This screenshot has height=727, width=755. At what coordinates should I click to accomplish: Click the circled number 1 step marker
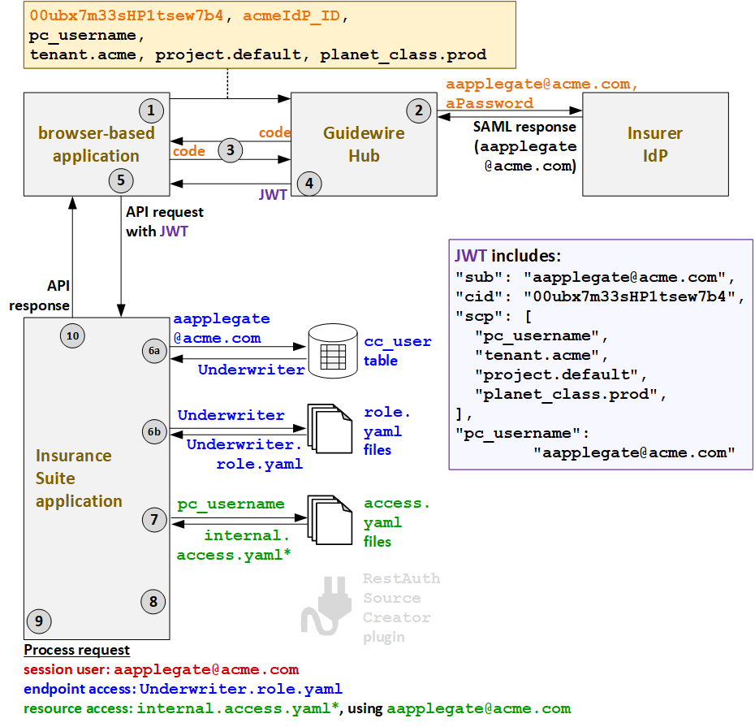[151, 110]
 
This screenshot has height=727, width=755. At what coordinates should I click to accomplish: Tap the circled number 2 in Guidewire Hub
[419, 110]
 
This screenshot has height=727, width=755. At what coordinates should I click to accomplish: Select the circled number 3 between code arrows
[231, 149]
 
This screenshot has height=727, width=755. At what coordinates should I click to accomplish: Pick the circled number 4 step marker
[308, 184]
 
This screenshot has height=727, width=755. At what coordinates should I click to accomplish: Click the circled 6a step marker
[154, 351]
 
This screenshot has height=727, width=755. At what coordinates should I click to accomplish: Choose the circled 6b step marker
[154, 432]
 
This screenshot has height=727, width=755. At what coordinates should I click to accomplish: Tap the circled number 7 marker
[154, 520]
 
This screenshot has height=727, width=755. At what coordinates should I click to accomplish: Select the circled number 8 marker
[153, 601]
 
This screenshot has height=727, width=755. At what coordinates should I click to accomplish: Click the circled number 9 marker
[38, 621]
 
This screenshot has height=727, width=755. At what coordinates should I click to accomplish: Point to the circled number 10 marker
[73, 335]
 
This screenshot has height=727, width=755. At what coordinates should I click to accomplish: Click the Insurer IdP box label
[654, 144]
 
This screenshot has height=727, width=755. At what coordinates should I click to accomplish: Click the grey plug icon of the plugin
[326, 605]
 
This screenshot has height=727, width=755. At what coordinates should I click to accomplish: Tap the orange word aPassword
[490, 103]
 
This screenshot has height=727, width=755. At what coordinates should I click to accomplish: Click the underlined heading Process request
[76, 650]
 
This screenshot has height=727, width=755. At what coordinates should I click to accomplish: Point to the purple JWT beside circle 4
[273, 196]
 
